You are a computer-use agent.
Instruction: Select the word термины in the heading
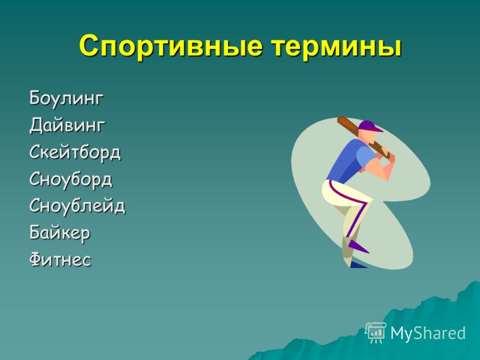click(336, 47)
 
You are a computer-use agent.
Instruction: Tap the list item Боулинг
click(67, 98)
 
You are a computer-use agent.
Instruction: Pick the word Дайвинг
click(67, 125)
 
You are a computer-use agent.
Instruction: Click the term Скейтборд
click(75, 152)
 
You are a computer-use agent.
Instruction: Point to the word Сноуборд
click(71, 179)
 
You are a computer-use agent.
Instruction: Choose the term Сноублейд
click(77, 205)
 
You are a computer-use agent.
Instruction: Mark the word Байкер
click(59, 233)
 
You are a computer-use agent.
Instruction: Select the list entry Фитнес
click(61, 259)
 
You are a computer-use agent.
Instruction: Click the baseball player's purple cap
click(370, 126)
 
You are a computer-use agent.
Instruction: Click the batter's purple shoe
click(358, 246)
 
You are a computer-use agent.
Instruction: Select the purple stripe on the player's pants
click(352, 205)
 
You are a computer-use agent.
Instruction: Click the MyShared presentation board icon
click(376, 333)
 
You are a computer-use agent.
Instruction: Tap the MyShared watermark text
click(428, 333)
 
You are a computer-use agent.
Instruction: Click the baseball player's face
click(370, 137)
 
